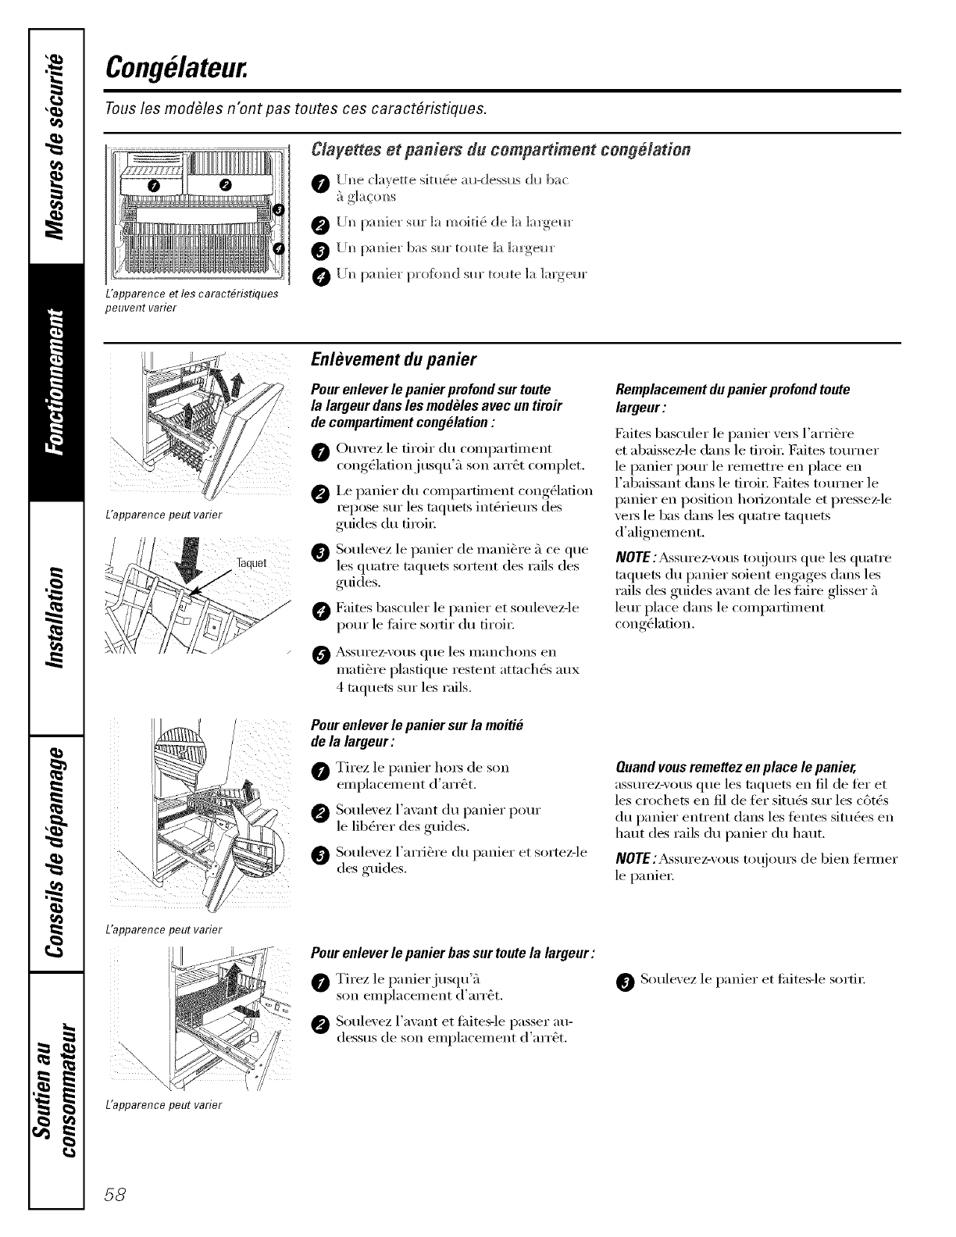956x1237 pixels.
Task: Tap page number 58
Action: [123, 1196]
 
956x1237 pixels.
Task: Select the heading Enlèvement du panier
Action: [394, 360]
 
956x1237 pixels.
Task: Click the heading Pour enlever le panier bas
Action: [452, 954]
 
